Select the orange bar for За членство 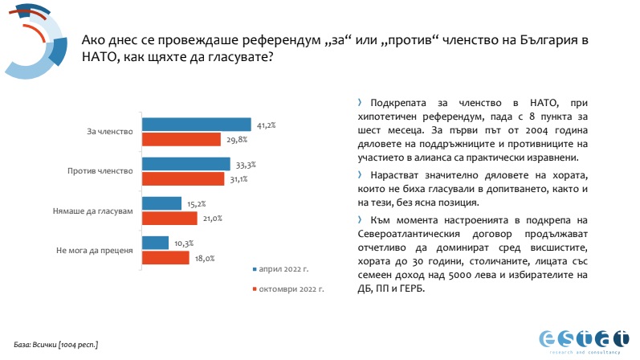181,139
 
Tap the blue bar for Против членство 186,163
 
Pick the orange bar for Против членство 184,178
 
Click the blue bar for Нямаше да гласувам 162,202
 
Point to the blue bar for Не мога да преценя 156,242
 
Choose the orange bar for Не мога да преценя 165,257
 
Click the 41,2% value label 267,125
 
